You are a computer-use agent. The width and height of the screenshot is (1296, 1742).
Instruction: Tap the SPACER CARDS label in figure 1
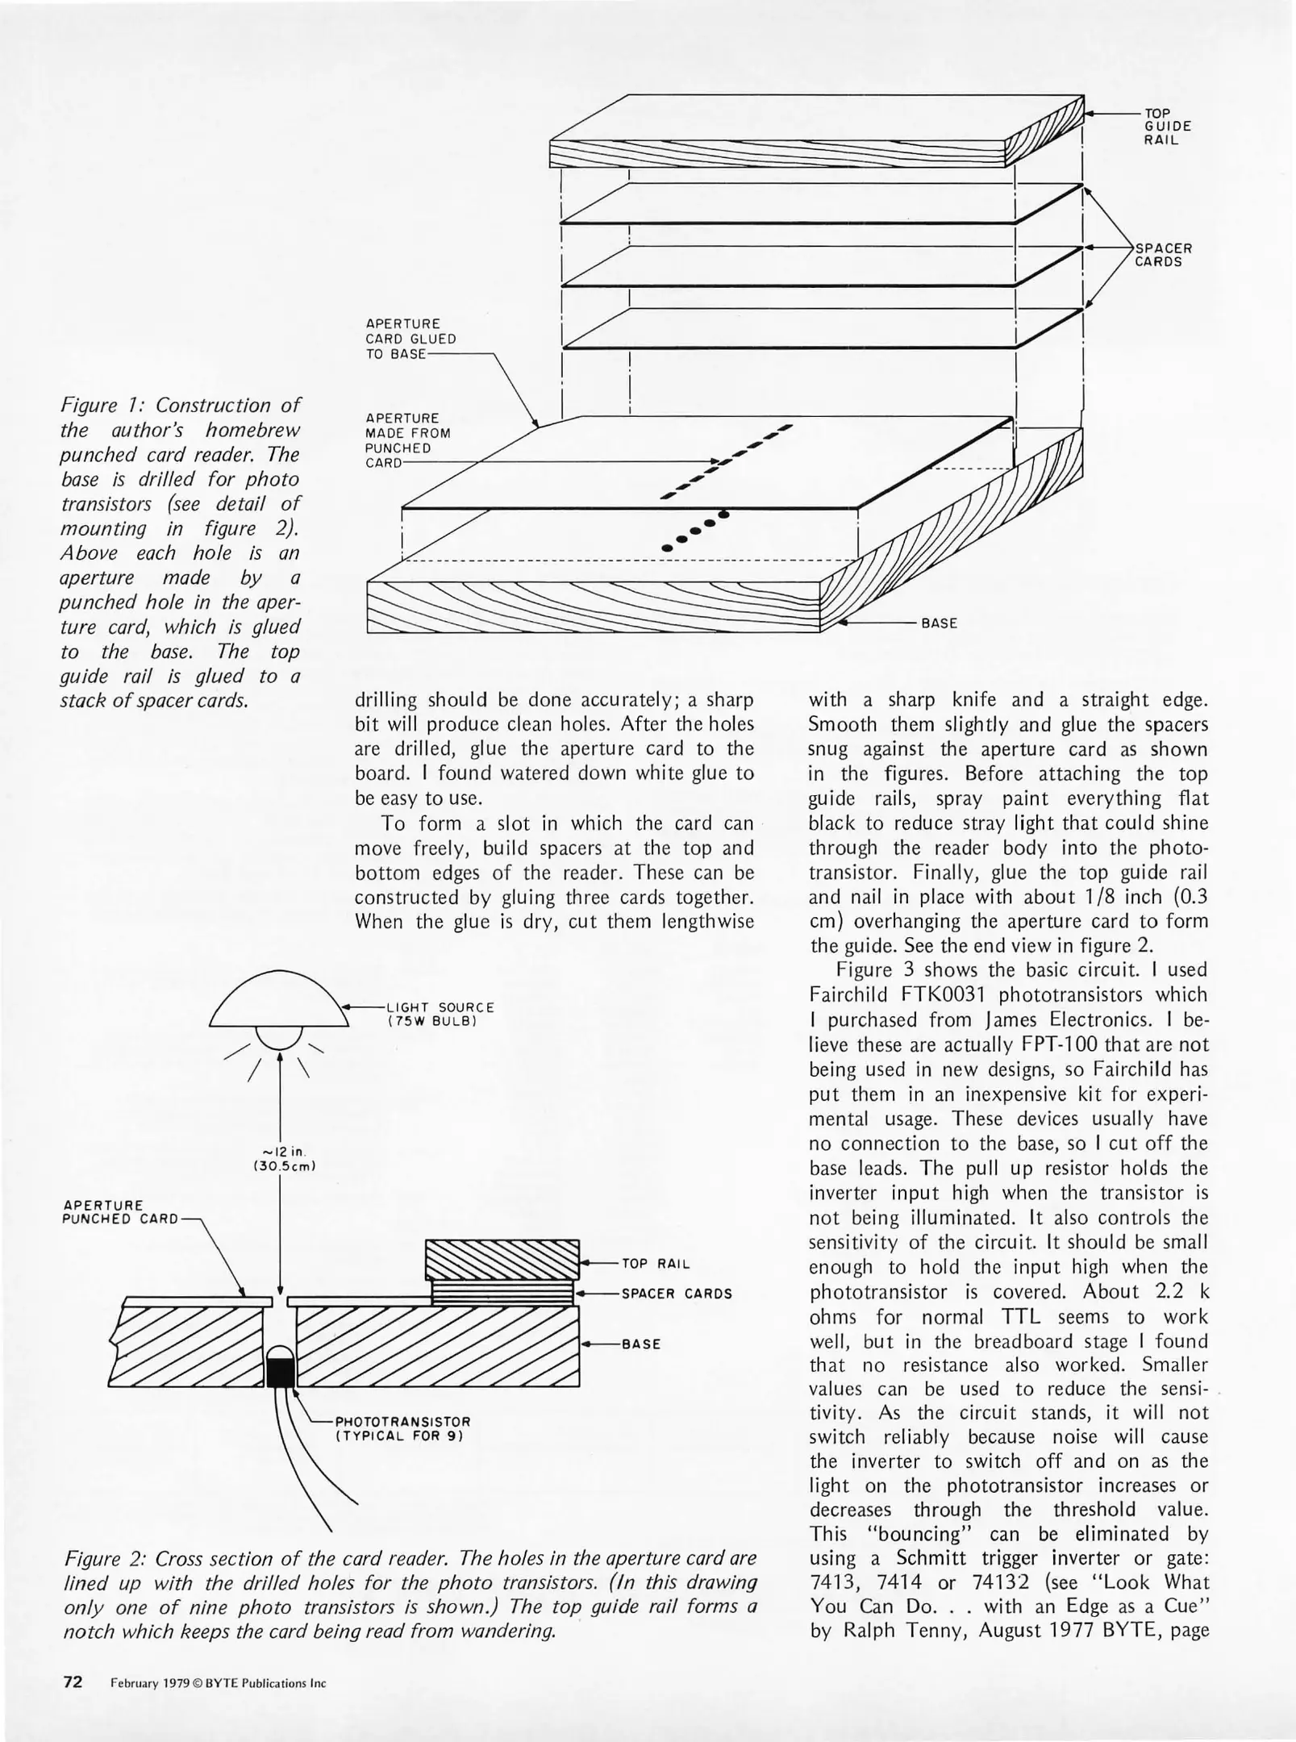click(1163, 255)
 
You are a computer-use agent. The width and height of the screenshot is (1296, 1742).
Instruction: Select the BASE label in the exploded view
click(939, 623)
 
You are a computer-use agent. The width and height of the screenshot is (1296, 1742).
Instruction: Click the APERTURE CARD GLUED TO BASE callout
click(410, 340)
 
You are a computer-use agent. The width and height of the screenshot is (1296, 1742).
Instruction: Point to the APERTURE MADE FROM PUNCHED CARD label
click(406, 440)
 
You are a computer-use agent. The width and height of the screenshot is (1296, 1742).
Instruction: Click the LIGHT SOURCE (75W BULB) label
click(440, 1014)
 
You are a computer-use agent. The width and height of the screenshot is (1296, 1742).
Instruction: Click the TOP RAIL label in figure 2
click(656, 1264)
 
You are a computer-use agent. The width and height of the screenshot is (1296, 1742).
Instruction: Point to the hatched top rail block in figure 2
click(502, 1262)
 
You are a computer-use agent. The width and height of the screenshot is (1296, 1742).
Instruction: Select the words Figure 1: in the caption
click(104, 406)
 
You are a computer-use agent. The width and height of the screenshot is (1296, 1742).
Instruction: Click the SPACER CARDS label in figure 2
click(677, 1294)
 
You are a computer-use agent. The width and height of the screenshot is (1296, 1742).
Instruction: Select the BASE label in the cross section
click(641, 1344)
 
